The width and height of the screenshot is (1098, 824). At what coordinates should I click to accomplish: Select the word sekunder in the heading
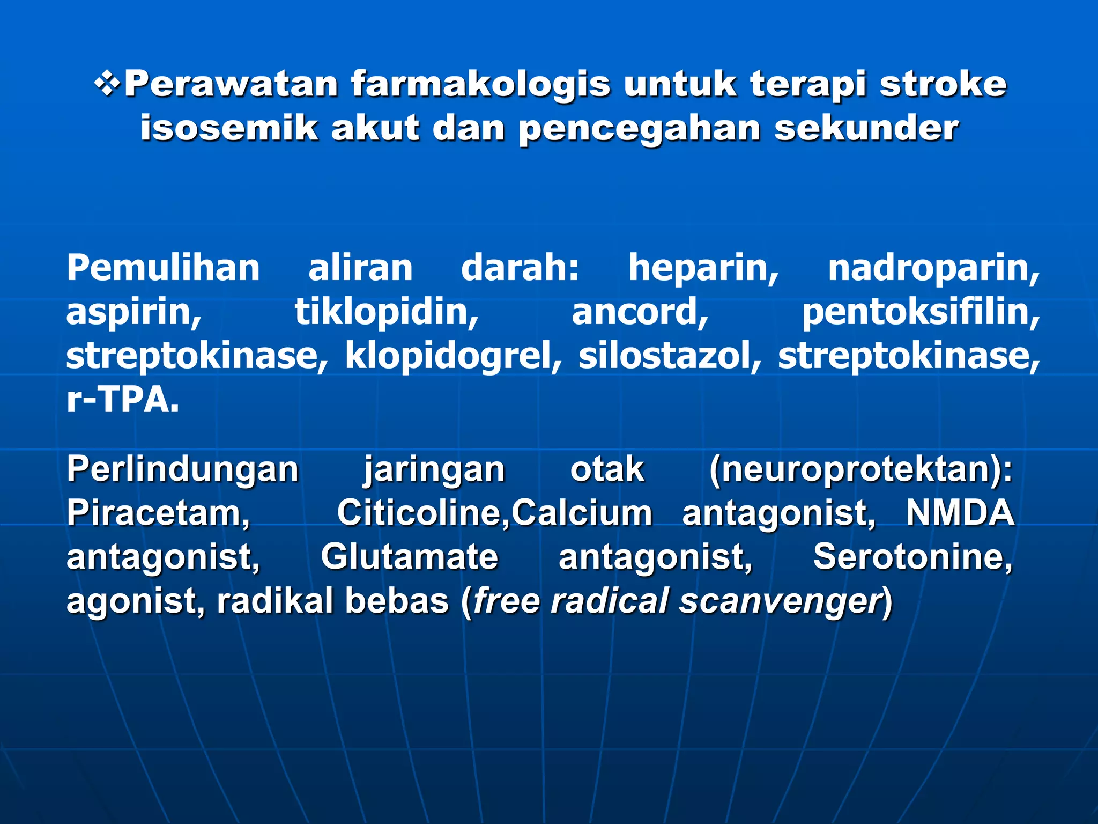click(x=866, y=128)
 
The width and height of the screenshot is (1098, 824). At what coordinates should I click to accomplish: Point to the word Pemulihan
click(x=163, y=268)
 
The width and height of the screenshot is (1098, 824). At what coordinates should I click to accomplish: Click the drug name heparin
click(x=703, y=268)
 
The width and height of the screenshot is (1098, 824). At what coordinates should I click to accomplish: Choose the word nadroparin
click(x=933, y=268)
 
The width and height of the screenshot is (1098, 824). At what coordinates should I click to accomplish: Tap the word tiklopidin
click(x=387, y=312)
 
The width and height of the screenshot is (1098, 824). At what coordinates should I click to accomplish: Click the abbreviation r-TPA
click(x=122, y=400)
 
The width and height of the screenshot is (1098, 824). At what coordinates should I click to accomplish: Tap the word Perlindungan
click(x=182, y=470)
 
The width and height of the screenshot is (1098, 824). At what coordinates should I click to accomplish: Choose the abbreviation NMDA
click(x=960, y=513)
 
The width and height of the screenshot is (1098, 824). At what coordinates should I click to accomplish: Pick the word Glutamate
click(x=410, y=557)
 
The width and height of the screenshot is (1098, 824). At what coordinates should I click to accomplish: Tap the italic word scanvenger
click(x=780, y=601)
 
